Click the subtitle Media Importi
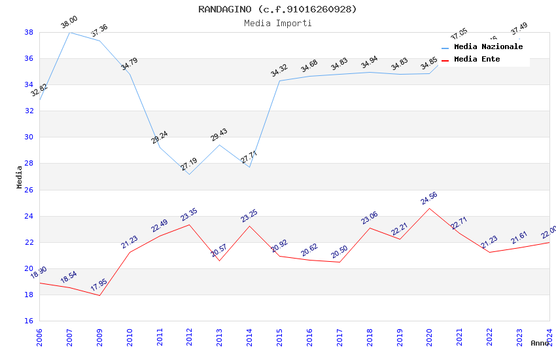tap(278, 23)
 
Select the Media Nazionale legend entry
tap(488, 47)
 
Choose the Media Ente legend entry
tap(477, 60)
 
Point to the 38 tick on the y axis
tap(29, 32)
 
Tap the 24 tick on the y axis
tap(29, 216)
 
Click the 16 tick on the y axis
tap(29, 321)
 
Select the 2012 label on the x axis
tap(189, 337)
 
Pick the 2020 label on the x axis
tap(430, 337)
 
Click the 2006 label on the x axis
tap(39, 337)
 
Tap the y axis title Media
tap(20, 177)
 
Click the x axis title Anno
tap(540, 343)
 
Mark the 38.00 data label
tap(69, 22)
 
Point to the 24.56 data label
tap(429, 198)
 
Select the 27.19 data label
tap(188, 164)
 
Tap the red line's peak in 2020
tap(430, 208)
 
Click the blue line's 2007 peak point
tap(69, 32)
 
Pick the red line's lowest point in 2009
tap(99, 295)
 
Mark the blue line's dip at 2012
tap(189, 174)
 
